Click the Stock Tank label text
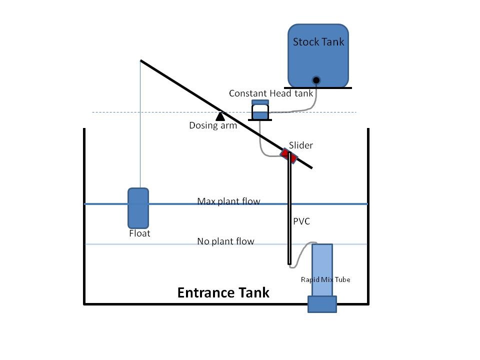[318, 42]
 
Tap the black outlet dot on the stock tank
[316, 80]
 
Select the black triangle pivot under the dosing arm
[220, 116]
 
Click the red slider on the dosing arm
[288, 156]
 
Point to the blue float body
[138, 208]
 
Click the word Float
[139, 233]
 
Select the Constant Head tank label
[271, 93]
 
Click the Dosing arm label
[213, 125]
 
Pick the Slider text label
[301, 145]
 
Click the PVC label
[301, 221]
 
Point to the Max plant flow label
[228, 201]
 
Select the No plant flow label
[225, 241]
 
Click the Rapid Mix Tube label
[325, 279]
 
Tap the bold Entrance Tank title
[223, 292]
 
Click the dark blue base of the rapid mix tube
[322, 304]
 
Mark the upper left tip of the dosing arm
[141, 60]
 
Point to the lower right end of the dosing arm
[311, 168]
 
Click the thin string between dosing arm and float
[140, 124]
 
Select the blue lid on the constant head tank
[260, 102]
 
